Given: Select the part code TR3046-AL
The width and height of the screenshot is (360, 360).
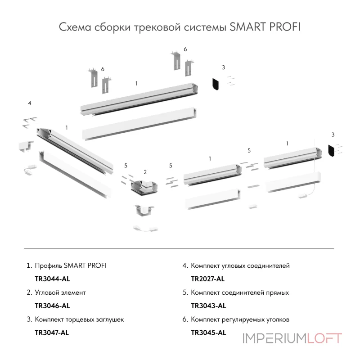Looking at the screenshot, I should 52,306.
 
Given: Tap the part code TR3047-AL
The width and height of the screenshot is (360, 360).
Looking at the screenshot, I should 52,333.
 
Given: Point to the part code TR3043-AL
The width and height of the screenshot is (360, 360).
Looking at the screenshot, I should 208,306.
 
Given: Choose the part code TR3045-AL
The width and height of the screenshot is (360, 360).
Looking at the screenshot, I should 208,333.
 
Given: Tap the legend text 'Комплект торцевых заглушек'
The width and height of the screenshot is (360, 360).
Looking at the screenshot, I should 79,319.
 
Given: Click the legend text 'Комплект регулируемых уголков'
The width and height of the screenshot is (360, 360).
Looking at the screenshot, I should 240,319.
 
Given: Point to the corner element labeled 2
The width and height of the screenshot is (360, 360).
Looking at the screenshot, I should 143,186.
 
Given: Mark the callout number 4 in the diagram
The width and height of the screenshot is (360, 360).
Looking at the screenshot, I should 29,103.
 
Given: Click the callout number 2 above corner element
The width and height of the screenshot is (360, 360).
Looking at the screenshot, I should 145,172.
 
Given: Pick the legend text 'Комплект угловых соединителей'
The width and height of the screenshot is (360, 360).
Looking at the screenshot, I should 240,265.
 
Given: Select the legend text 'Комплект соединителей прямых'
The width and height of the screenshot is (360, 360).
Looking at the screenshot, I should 239,292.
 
